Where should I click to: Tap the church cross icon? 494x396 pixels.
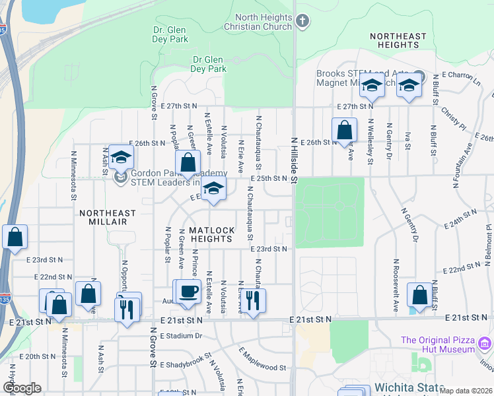coord(302,21)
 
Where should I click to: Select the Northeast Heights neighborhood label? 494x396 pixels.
coord(396,40)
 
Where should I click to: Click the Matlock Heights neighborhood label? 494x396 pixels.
coord(211,234)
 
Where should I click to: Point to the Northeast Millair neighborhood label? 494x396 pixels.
coord(108,218)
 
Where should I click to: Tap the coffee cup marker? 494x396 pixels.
coord(188,292)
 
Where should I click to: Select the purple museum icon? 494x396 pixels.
coord(485,343)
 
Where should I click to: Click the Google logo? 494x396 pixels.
coord(21,388)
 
